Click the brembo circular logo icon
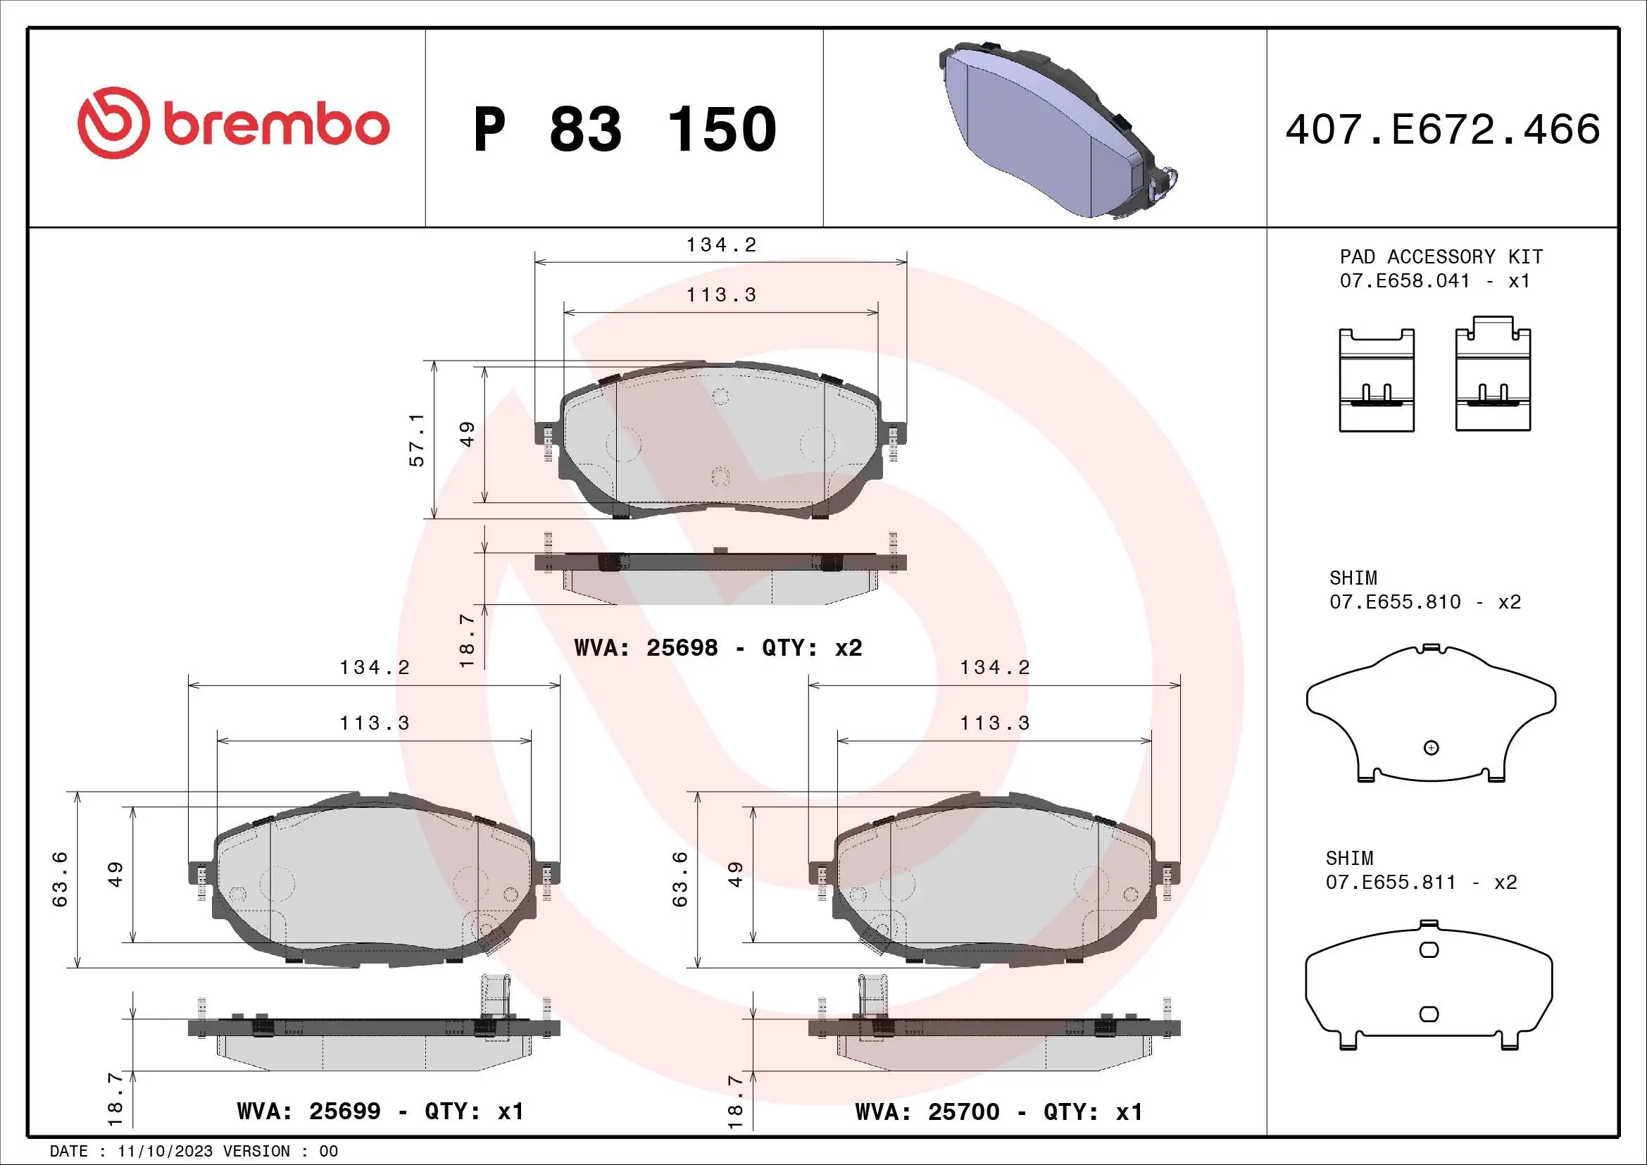[113, 123]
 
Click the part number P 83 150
[624, 130]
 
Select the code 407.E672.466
[1442, 130]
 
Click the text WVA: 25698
[646, 648]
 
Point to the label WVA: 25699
[308, 1111]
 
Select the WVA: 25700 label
[927, 1112]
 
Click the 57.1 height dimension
[417, 440]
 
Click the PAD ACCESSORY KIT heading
[1441, 257]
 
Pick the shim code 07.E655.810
[1394, 602]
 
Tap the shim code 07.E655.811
[1390, 882]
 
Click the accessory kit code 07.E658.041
[1405, 280]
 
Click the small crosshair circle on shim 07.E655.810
[1431, 748]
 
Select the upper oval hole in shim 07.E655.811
[1429, 950]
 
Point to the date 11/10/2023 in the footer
[165, 1152]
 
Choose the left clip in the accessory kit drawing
[1377, 380]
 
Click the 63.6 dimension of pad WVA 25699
[61, 880]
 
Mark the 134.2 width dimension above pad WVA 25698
[721, 245]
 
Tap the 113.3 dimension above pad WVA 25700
[994, 723]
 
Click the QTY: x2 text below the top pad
[811, 648]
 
